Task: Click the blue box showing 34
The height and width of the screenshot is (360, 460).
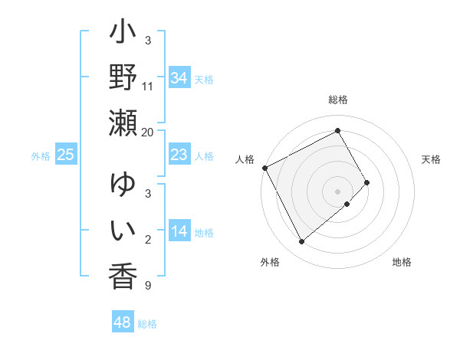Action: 179,78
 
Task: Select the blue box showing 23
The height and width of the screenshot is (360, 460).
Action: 179,155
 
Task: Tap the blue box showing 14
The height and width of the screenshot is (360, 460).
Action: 179,231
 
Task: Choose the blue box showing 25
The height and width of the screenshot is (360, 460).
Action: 65,155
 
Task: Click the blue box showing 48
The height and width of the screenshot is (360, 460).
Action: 122,322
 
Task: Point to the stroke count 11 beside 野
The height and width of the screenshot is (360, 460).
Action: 148,87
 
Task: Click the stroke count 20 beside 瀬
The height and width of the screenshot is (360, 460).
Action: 148,132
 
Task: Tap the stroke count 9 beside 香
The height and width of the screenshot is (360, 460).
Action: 148,286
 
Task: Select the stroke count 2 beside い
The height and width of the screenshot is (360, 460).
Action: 148,240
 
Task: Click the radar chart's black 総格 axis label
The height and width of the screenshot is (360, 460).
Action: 338,100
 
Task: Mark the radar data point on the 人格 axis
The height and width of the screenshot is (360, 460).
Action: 264,168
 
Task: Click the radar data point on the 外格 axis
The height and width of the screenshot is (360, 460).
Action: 301,242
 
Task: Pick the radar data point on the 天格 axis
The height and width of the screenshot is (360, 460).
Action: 367,182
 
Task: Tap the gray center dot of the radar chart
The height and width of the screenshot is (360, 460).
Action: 338,191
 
